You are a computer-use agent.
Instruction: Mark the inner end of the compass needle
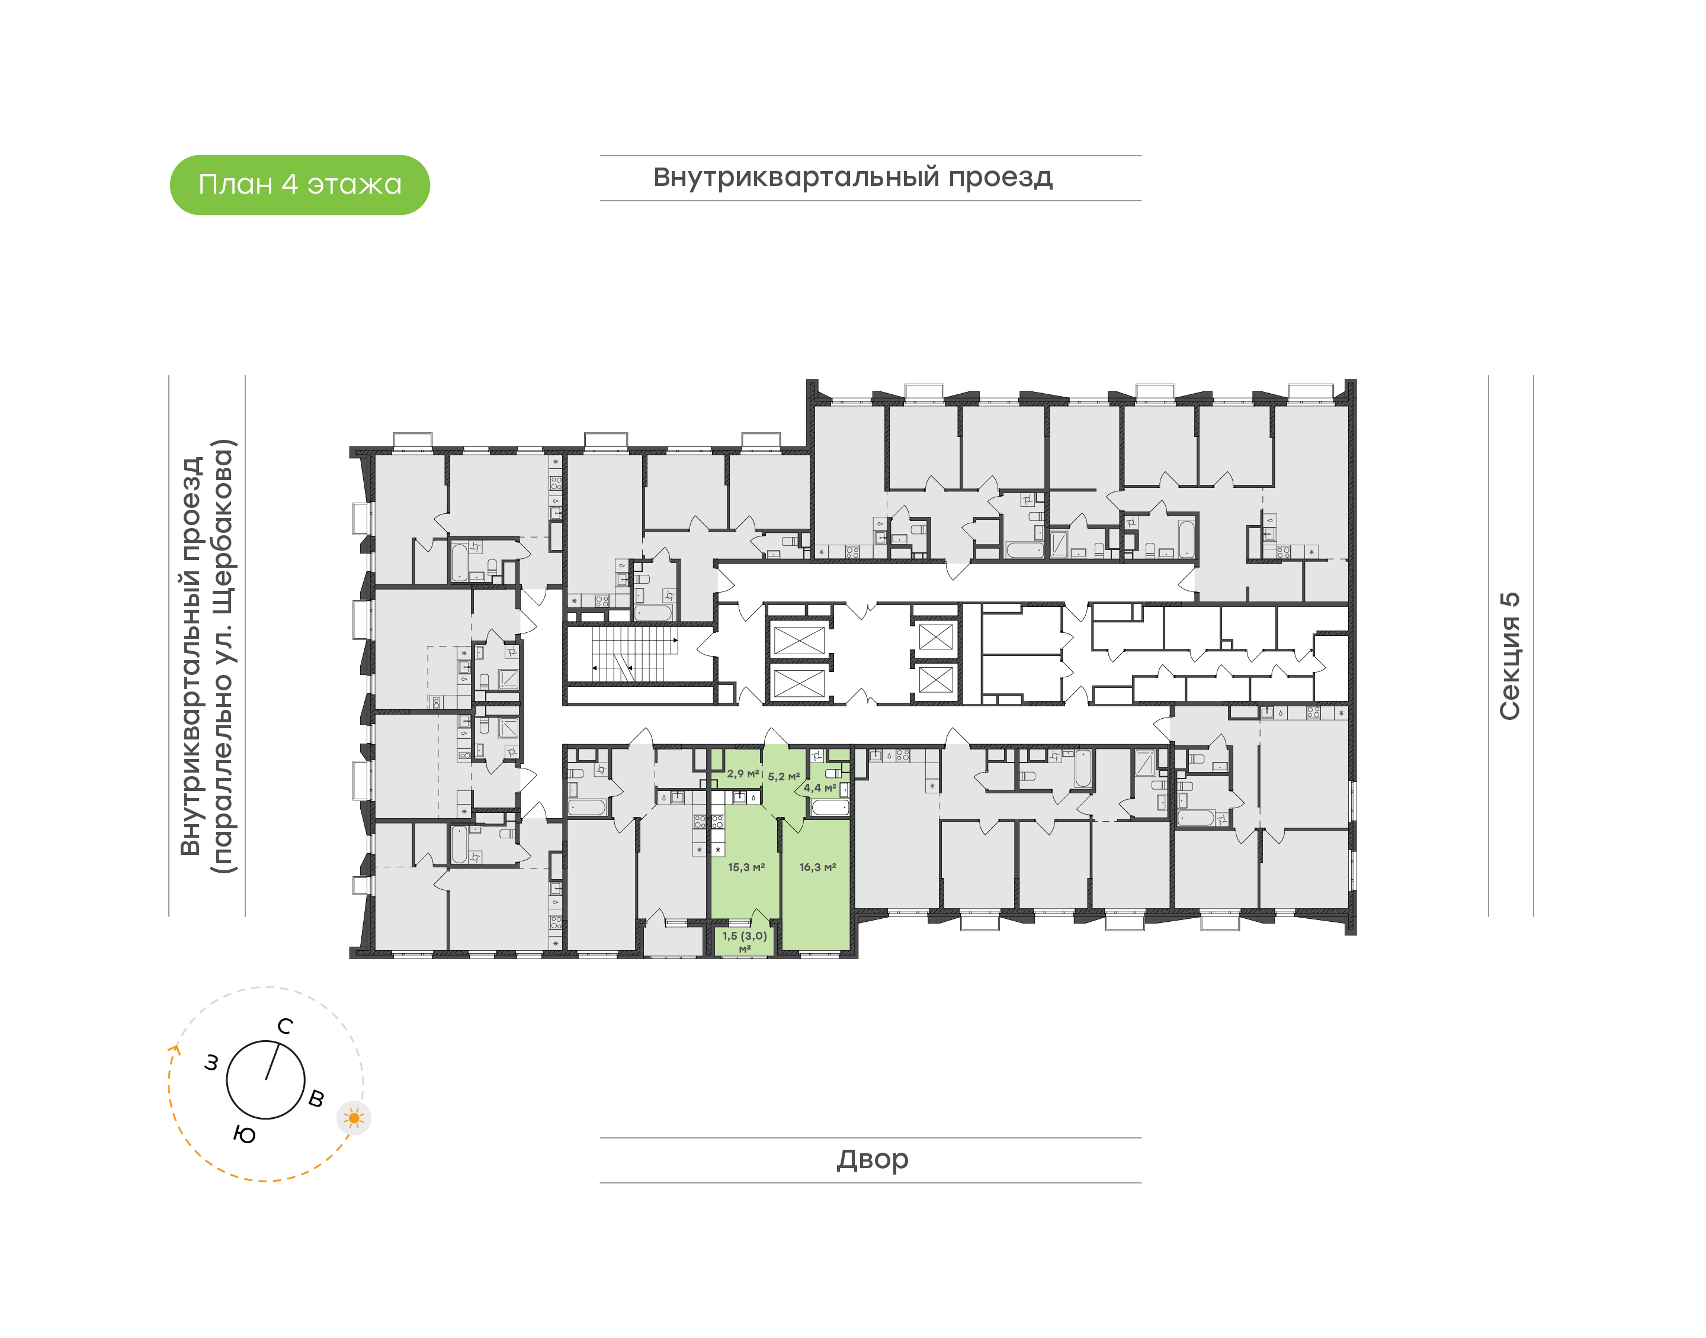[x=267, y=1079]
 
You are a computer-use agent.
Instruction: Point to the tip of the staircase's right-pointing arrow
[x=678, y=640]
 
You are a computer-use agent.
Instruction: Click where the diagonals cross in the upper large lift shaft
[x=799, y=640]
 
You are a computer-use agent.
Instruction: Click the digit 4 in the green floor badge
[x=290, y=184]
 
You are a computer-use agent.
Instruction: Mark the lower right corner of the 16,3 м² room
[x=849, y=950]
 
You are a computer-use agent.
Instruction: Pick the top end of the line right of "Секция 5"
[x=1534, y=376]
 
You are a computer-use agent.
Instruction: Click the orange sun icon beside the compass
[x=354, y=1118]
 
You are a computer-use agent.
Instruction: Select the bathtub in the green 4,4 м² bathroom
[x=830, y=807]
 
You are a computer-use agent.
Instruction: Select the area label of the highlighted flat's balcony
[x=745, y=941]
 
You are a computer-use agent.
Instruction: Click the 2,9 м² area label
[x=743, y=773]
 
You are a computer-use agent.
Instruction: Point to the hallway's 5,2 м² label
[x=784, y=776]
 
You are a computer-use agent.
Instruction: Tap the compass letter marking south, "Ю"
[x=245, y=1134]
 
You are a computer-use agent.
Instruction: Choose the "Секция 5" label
[x=1509, y=657]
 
